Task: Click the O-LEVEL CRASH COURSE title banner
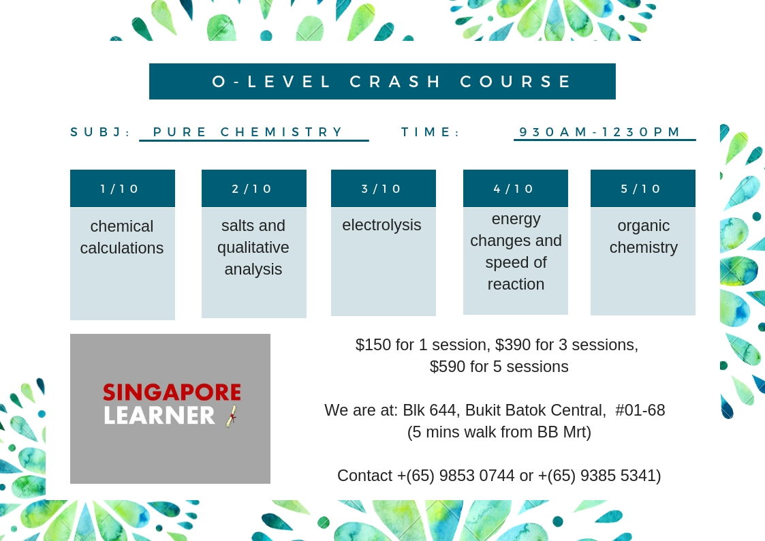[382, 82]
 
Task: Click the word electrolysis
[381, 225]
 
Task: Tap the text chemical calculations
[122, 237]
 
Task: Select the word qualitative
[253, 248]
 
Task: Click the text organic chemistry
[644, 236]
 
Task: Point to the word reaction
[516, 284]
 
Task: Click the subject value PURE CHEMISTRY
[248, 132]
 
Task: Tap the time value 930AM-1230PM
[599, 132]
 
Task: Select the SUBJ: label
[101, 132]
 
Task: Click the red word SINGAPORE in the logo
[172, 392]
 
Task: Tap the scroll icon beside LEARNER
[232, 416]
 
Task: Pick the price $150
[373, 345]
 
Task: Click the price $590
[448, 367]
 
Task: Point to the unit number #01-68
[640, 410]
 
